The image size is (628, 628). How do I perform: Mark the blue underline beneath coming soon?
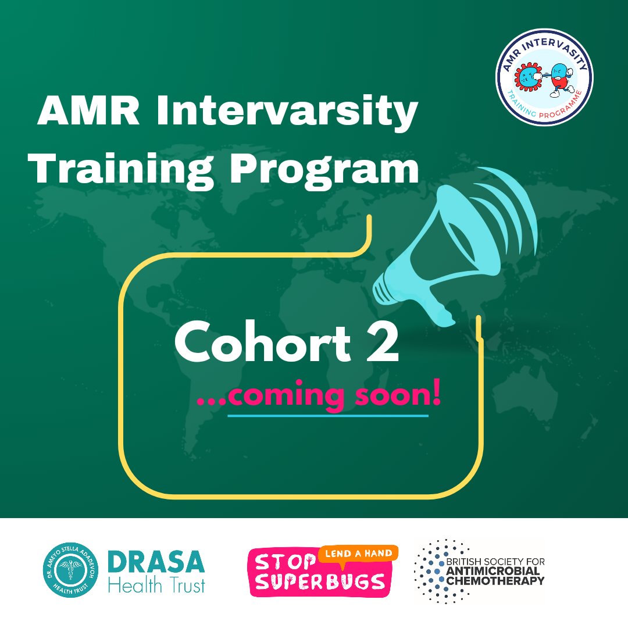coord(327,416)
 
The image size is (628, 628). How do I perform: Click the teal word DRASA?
coord(156,562)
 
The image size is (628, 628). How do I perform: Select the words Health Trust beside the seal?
coord(156,585)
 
